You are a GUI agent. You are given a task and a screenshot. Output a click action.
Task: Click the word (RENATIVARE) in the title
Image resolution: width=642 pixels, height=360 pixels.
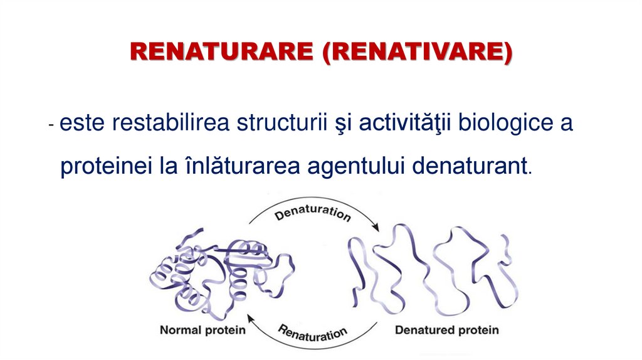tap(416, 52)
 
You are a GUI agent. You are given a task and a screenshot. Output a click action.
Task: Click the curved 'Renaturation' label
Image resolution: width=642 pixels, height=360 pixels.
tap(312, 332)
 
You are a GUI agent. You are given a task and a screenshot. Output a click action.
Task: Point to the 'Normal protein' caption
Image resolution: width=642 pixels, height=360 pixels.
tap(203, 329)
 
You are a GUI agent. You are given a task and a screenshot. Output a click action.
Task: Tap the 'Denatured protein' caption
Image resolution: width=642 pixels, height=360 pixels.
tap(446, 329)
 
